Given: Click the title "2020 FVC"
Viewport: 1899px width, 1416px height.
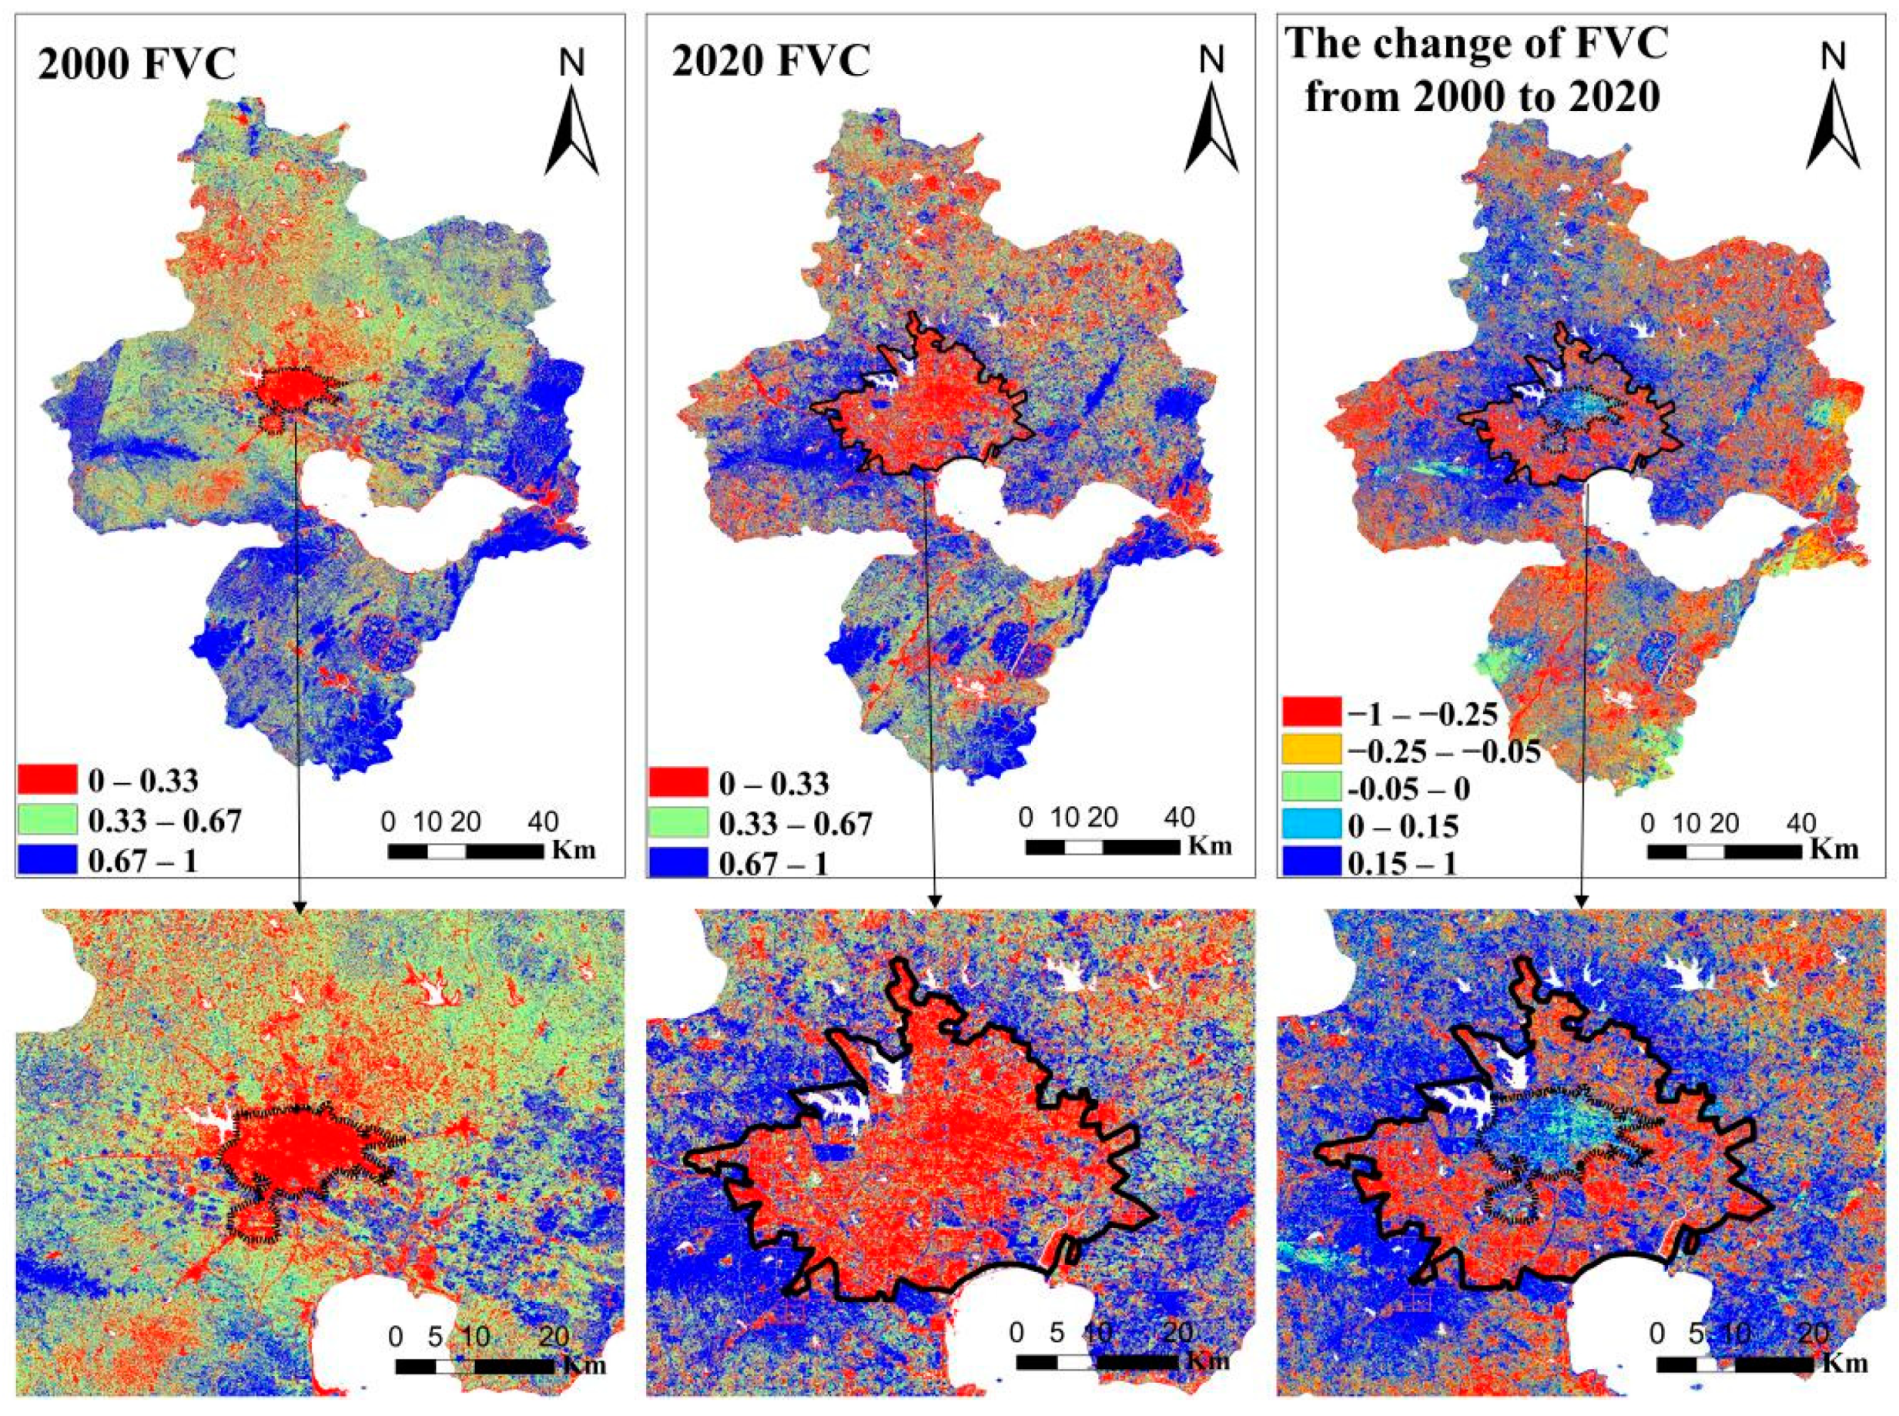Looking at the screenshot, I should (x=771, y=62).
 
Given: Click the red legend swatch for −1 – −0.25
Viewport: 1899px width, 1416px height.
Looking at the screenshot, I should (x=1311, y=711).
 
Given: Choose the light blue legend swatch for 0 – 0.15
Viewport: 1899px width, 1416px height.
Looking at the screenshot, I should (x=1311, y=825).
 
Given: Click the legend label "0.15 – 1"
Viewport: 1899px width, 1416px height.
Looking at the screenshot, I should (x=1402, y=863).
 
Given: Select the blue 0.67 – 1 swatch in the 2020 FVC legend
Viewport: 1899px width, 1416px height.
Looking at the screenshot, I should (x=678, y=861).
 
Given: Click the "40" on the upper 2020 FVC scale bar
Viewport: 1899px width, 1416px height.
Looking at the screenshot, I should (x=1180, y=817).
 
